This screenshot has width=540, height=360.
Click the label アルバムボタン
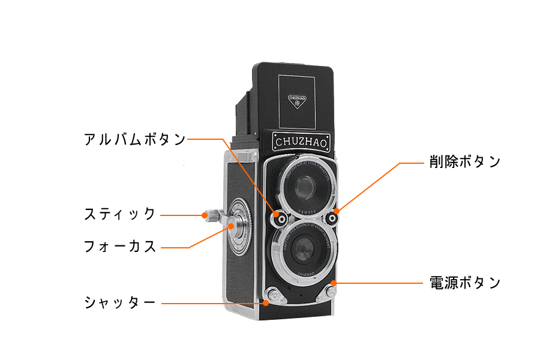(x=135, y=139)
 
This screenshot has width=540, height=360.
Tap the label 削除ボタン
(x=464, y=162)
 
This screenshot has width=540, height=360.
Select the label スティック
(x=120, y=214)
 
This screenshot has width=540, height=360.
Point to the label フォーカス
(x=120, y=247)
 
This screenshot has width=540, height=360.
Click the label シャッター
(x=120, y=302)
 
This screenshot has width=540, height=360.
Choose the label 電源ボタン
(x=465, y=283)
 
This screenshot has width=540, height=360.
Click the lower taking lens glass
(x=304, y=250)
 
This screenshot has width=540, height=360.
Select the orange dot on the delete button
(x=337, y=211)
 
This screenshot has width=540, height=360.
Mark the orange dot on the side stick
(x=205, y=214)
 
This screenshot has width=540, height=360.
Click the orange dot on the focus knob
(x=231, y=226)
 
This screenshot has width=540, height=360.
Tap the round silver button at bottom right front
(x=330, y=292)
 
